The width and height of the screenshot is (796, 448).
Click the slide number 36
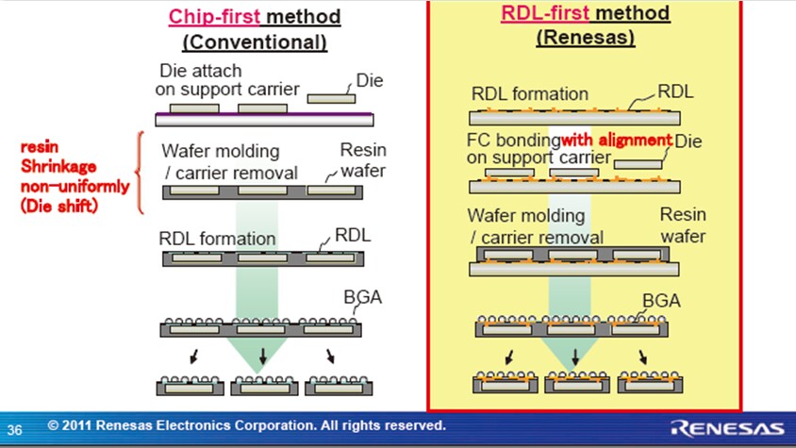pos(15,428)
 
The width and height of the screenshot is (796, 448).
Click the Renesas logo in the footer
pos(727,426)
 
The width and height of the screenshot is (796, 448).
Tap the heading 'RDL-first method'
pos(585,13)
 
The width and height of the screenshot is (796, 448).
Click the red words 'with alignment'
pos(617,141)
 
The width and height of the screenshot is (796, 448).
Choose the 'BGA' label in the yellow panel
pos(660,301)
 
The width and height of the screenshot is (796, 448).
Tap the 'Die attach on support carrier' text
pos(227,81)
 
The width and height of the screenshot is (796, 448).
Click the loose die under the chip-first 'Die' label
pos(331,96)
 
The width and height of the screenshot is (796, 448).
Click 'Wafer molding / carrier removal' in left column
pos(229,161)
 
